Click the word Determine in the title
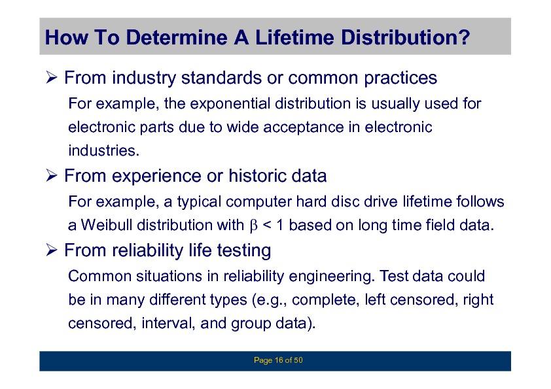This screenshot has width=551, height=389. coord(177,37)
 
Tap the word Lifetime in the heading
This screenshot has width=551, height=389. coord(294,37)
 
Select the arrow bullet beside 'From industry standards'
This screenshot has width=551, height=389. coord(51,77)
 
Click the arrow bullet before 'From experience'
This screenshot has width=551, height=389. coord(51,175)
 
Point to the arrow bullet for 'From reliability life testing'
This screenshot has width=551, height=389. coord(51,250)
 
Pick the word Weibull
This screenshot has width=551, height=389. coord(107,225)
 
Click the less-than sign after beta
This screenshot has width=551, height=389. coord(267,225)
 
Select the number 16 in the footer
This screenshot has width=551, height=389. coord(279,360)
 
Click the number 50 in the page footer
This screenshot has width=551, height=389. coord(298,360)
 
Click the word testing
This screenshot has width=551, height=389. coord(244,250)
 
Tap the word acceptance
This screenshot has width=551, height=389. coord(303,127)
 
